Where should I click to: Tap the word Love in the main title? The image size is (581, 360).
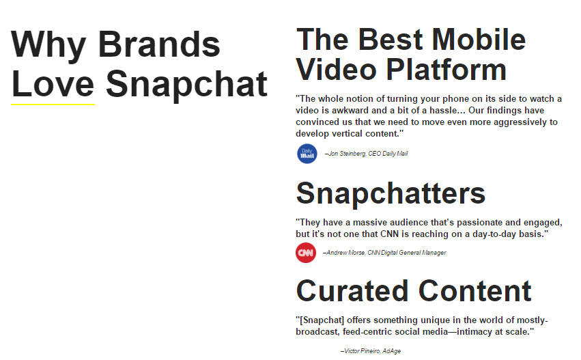tap(53, 84)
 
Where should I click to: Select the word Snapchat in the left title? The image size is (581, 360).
tap(186, 84)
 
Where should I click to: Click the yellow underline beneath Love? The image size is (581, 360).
tap(53, 104)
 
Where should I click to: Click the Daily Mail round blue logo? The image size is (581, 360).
tap(307, 154)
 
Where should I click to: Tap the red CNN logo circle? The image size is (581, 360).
tap(306, 253)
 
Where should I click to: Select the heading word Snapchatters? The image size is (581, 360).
tap(391, 193)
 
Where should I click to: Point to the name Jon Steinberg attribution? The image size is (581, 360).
tap(348, 154)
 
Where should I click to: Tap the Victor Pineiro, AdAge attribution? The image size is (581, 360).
tap(370, 351)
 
